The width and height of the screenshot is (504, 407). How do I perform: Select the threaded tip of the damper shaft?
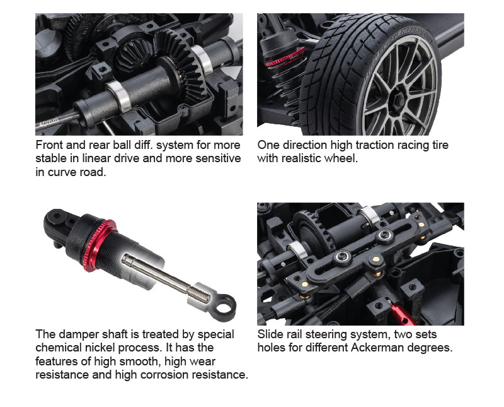tap(200, 295)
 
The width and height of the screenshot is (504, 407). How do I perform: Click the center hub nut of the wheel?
tap(399, 100)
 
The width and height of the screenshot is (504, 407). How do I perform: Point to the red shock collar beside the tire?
tap(285, 57)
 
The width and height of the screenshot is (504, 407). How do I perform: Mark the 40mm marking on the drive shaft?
tap(49, 122)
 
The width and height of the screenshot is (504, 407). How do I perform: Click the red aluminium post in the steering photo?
tap(401, 312)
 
